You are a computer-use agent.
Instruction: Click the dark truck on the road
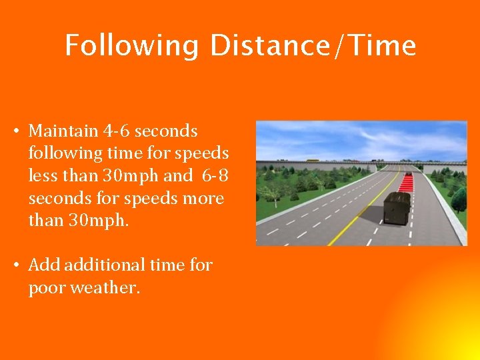click(x=397, y=208)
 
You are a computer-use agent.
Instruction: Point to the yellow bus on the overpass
click(x=311, y=161)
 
